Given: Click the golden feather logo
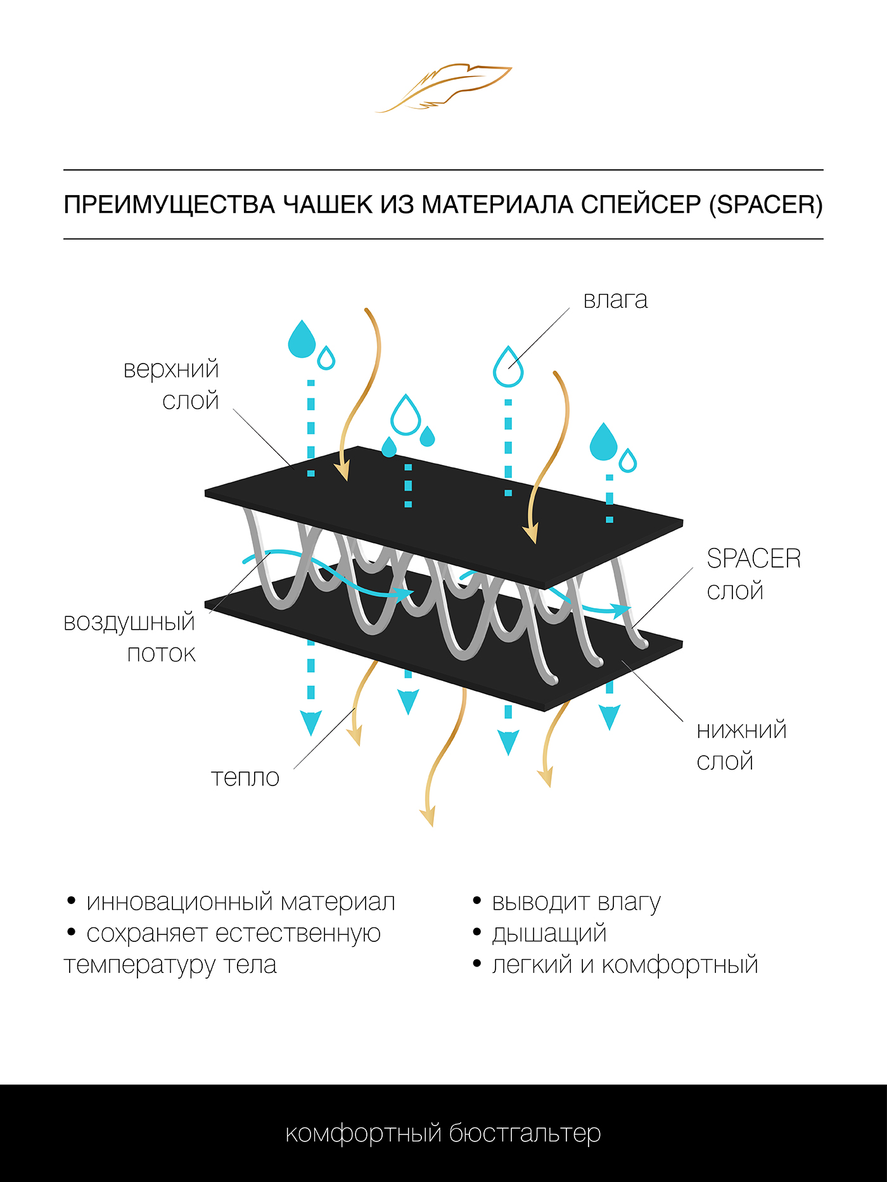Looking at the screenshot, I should coord(443,87).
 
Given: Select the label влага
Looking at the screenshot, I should coord(615,300).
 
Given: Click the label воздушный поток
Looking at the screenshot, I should coord(131,637).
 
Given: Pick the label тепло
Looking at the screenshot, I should coord(245,777).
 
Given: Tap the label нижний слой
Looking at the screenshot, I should coord(741,746).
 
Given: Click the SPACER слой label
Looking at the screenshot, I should coord(753,574).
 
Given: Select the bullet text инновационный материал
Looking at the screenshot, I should coord(241,901).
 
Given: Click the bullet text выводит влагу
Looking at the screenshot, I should coord(576,901).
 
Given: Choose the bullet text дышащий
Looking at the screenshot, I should coord(549,933).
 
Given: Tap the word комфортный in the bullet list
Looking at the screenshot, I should coord(680,965).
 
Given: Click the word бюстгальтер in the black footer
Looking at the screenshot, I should coord(525,1133).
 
